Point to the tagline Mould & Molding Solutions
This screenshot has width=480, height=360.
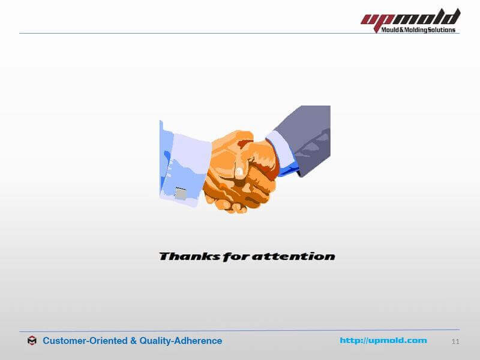click(x=418, y=29)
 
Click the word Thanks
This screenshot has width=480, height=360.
click(x=190, y=256)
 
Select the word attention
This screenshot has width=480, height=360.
click(x=293, y=256)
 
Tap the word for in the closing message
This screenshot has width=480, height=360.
click(x=236, y=257)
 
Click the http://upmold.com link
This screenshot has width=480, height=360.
click(x=383, y=340)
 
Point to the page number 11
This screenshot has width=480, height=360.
click(x=455, y=341)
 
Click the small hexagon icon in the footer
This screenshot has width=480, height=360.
click(x=32, y=340)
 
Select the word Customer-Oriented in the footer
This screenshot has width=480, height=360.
click(x=85, y=341)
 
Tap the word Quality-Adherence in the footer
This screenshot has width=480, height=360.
click(x=181, y=341)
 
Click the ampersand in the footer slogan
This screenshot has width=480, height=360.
click(x=133, y=341)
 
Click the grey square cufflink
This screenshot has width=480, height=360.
click(x=181, y=193)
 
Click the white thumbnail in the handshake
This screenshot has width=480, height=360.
click(x=239, y=172)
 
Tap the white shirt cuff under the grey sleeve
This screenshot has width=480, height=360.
click(x=281, y=149)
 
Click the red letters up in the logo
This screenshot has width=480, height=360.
click(x=377, y=20)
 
